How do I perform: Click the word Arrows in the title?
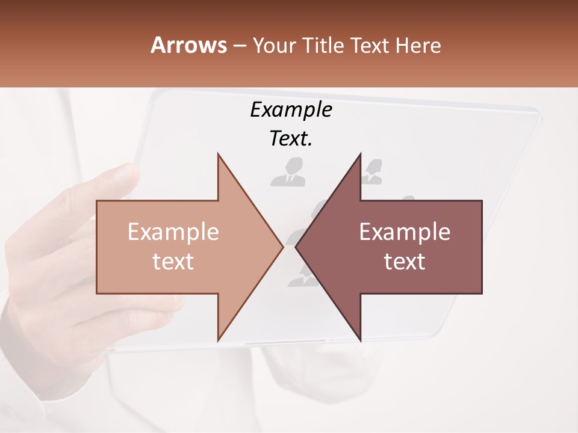(x=188, y=45)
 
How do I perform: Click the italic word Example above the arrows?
(x=291, y=110)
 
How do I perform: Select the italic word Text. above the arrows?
(x=291, y=139)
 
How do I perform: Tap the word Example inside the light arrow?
(x=173, y=232)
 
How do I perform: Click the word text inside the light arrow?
(x=173, y=262)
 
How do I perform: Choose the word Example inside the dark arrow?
(x=405, y=232)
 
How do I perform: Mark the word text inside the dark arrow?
(x=405, y=262)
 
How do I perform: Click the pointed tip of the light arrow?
(x=282, y=247)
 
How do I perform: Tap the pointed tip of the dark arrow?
(x=296, y=247)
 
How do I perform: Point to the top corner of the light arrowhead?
(x=218, y=154)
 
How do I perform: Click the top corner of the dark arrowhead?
(x=360, y=154)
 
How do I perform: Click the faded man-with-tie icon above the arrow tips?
(x=288, y=172)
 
